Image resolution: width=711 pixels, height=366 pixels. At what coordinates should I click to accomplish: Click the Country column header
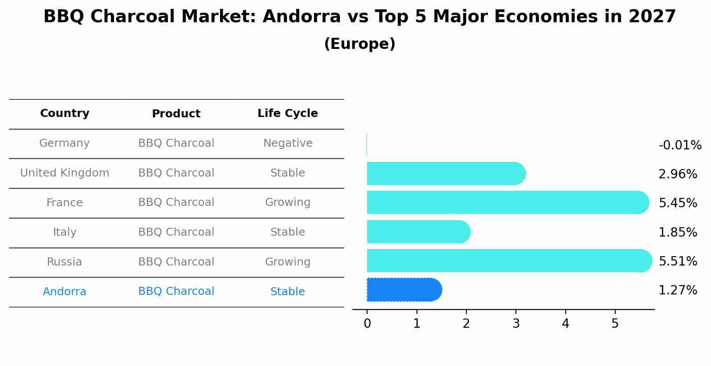click(65, 113)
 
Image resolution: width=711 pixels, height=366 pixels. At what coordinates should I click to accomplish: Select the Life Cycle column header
click(288, 113)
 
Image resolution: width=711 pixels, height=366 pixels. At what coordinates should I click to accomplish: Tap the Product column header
click(176, 113)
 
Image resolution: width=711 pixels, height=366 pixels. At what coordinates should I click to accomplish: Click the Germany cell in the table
click(65, 143)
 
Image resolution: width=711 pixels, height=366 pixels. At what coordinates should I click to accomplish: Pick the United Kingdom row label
click(65, 173)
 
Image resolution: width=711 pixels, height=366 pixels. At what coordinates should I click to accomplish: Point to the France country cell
click(65, 202)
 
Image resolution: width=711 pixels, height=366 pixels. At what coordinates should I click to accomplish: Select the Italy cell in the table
click(65, 232)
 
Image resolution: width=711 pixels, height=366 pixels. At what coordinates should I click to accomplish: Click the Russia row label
click(65, 262)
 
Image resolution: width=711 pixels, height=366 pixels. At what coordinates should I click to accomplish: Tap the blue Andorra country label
click(65, 291)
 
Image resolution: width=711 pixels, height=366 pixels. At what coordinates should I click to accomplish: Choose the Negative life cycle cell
click(288, 143)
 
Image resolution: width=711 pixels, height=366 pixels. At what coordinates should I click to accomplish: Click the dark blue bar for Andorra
click(405, 290)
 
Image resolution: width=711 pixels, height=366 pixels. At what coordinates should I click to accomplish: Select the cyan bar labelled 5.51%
click(510, 261)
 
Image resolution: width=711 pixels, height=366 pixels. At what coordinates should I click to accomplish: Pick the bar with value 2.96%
click(446, 173)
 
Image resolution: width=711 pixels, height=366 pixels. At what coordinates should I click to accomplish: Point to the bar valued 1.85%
click(419, 232)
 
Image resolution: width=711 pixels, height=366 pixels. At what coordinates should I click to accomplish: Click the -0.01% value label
click(680, 145)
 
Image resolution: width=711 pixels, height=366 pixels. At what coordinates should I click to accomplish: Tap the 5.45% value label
click(678, 203)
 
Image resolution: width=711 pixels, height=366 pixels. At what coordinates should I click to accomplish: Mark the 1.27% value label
click(678, 290)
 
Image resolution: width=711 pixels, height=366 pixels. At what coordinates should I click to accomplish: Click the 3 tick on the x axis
click(516, 323)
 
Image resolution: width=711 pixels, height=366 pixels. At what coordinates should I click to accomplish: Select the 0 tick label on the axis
click(367, 323)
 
